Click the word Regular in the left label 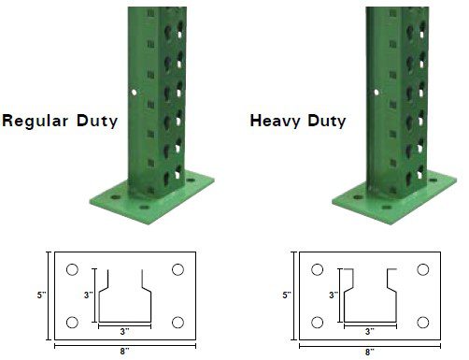pyautogui.click(x=36, y=121)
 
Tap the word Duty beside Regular pyautogui.click(x=97, y=121)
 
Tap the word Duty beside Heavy pyautogui.click(x=327, y=121)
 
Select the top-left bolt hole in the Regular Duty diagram pyautogui.click(x=72, y=269)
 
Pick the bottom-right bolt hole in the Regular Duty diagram pyautogui.click(x=178, y=323)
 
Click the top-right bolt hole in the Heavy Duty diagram pyautogui.click(x=423, y=269)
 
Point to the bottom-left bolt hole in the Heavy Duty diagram pyautogui.click(x=318, y=323)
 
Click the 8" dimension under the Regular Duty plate pyautogui.click(x=124, y=352)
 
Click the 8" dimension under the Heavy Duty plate pyautogui.click(x=370, y=352)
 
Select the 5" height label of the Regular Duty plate pyautogui.click(x=41, y=295)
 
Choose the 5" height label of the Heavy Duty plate pyautogui.click(x=287, y=295)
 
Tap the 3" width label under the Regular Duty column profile pyautogui.click(x=124, y=332)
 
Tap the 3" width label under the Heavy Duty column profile pyautogui.click(x=370, y=332)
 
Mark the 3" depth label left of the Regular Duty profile pyautogui.click(x=89, y=295)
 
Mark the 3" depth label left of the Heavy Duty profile pyautogui.click(x=334, y=295)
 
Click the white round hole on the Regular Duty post pyautogui.click(x=134, y=93)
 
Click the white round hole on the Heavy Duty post pyautogui.click(x=377, y=93)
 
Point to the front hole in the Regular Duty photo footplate pyautogui.click(x=144, y=208)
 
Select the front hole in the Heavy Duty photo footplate pyautogui.click(x=387, y=208)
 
